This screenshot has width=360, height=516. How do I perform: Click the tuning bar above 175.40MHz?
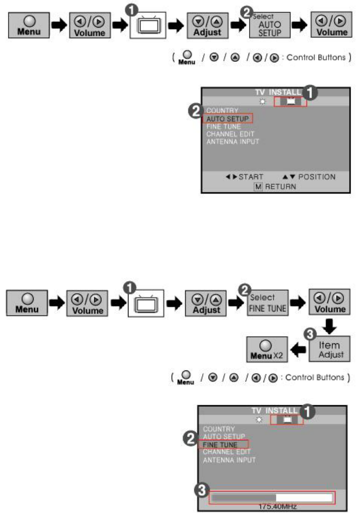[272, 497]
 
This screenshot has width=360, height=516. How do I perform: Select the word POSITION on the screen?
[317, 176]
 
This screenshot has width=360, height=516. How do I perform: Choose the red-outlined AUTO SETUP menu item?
[227, 118]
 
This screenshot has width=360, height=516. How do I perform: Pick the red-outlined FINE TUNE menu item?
[224, 444]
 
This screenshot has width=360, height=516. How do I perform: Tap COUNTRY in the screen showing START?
[222, 110]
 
